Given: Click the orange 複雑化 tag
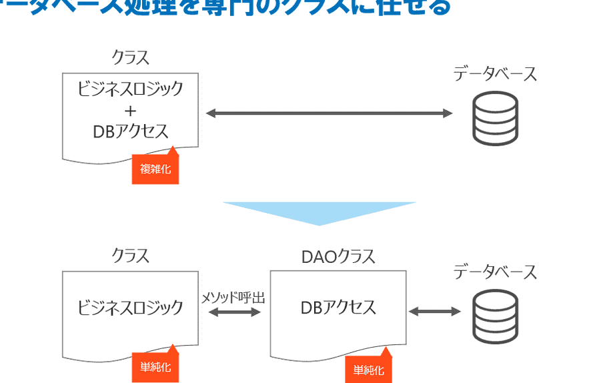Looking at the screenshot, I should click(155, 169).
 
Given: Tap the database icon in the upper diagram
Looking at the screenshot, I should click(495, 118).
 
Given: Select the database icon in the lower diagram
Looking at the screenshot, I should click(495, 316).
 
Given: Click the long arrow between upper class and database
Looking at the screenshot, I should click(329, 113).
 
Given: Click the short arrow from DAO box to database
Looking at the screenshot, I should click(434, 312).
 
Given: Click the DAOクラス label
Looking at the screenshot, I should click(339, 256).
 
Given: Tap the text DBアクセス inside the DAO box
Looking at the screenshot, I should click(338, 307).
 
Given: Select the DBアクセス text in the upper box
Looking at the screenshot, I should click(131, 131).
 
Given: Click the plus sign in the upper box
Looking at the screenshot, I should click(131, 109).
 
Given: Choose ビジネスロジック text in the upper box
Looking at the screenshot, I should click(131, 88).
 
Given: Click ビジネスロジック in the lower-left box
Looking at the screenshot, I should click(131, 307).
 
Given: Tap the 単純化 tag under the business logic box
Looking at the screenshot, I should click(155, 368).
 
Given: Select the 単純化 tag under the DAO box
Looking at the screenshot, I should click(368, 370).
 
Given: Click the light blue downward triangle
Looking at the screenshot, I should click(319, 212).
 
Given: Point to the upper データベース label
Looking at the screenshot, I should click(495, 74).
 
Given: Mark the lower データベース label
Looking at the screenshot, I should click(495, 272).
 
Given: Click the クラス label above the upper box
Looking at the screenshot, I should click(131, 57).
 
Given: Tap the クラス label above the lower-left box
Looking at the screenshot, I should click(131, 256).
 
